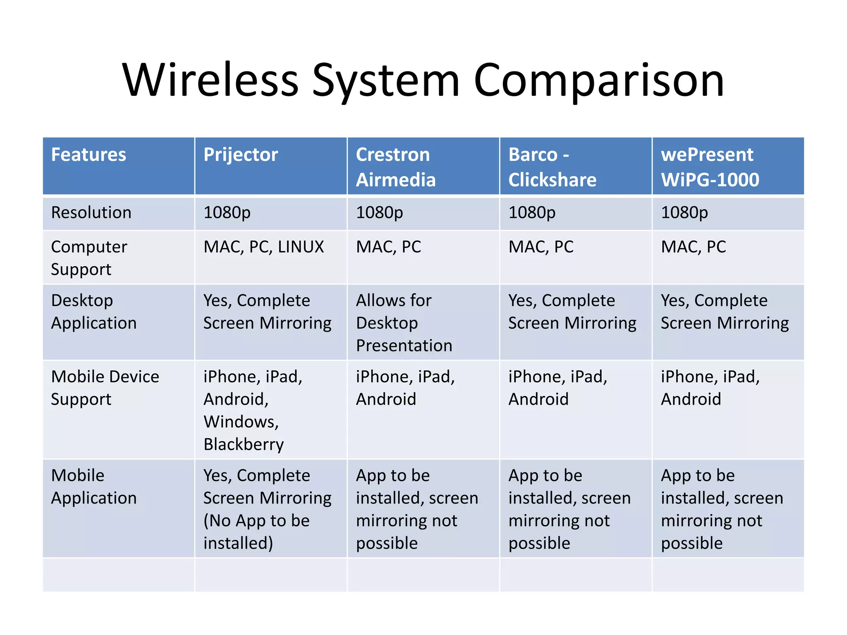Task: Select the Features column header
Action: coord(89,155)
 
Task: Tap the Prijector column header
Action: coord(241,155)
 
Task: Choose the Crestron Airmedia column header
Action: coord(396,167)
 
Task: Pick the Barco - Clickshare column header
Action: coord(552,167)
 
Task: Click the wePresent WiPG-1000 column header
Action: coord(710,167)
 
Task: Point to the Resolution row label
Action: coord(91,213)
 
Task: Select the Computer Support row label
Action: coord(89,258)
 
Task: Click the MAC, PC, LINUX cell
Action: coord(264,247)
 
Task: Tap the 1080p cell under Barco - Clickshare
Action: coord(532,213)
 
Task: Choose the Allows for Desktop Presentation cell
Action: coord(404,323)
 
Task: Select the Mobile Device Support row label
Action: coord(105,388)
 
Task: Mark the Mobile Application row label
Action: coord(93,487)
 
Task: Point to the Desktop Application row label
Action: coord(93,312)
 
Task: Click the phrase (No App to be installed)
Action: coord(256,532)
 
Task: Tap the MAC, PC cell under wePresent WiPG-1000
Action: coord(694,247)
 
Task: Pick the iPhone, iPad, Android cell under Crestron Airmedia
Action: coord(405,388)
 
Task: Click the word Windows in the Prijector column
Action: coord(241,422)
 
